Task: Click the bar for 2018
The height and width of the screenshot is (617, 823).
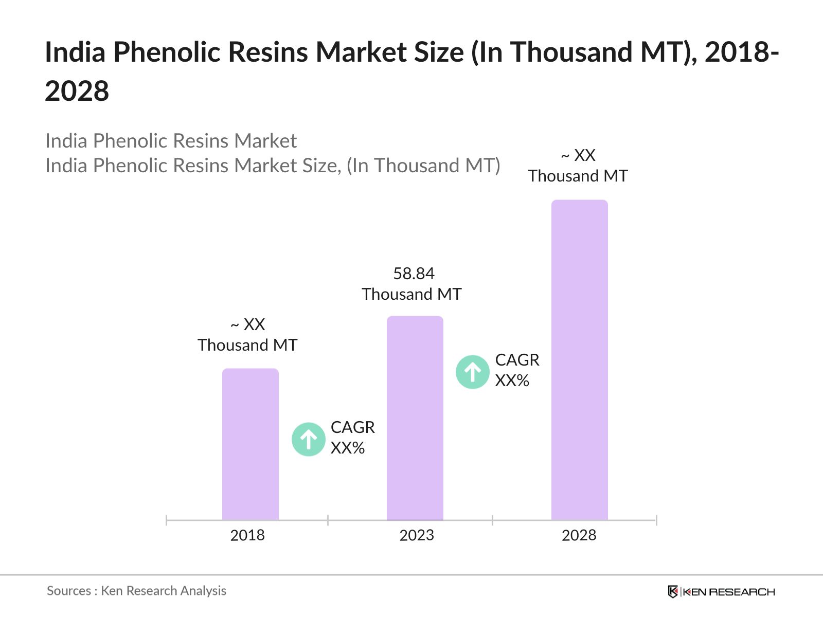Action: (x=250, y=444)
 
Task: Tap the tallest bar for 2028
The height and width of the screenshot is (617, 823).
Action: (x=579, y=360)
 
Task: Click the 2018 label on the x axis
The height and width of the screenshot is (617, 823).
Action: (x=247, y=535)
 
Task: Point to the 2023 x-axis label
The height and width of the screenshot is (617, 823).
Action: (x=417, y=535)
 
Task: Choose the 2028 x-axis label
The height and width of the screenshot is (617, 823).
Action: (x=579, y=535)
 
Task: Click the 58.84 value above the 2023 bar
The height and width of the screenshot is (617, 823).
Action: (x=414, y=274)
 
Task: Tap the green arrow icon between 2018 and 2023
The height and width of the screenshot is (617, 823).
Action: (x=309, y=439)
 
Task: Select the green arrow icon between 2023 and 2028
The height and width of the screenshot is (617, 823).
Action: (x=472, y=372)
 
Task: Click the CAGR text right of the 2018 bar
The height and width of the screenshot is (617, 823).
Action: (x=352, y=427)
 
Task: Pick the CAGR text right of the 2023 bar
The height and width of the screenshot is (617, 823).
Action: (x=517, y=360)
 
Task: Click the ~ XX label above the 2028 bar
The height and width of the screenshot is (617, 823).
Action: (x=578, y=155)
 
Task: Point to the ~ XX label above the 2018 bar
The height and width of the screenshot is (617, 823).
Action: (x=247, y=324)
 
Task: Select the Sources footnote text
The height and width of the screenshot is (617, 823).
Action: (x=136, y=591)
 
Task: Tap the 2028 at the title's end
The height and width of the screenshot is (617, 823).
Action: (x=77, y=91)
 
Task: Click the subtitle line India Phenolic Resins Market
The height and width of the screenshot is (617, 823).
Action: (x=171, y=141)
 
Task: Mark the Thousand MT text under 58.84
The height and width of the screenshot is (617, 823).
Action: (x=411, y=294)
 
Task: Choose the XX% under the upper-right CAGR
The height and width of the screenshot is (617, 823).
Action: (x=512, y=380)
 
